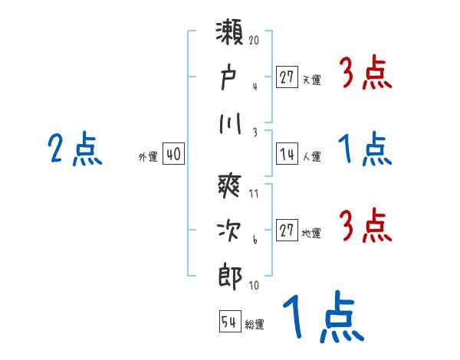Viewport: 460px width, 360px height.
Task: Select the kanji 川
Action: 231,123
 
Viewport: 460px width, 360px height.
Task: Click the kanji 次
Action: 231,231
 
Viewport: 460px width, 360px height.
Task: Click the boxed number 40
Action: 173,154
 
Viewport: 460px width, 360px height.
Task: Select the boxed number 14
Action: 287,154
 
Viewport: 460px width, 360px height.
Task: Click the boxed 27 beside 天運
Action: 287,77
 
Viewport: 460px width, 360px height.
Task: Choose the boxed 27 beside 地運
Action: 287,231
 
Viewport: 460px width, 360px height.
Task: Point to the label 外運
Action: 148,156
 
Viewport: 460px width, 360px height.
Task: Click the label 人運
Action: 311,156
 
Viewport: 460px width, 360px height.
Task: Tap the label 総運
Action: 254,324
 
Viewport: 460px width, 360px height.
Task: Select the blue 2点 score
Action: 75,149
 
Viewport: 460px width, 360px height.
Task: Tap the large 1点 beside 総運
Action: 323,319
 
